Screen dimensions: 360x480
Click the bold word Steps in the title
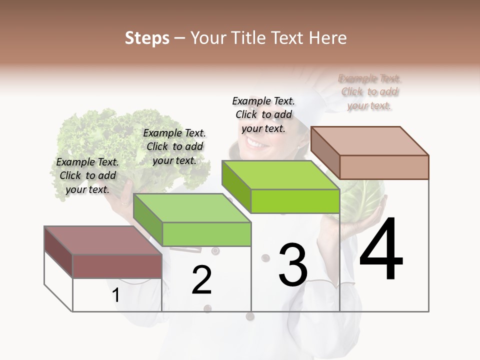click(x=147, y=38)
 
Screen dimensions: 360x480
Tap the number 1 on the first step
click(x=115, y=295)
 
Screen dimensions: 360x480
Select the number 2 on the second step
click(x=201, y=280)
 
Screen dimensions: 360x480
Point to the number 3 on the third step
click(x=292, y=264)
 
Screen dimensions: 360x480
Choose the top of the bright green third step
click(x=280, y=175)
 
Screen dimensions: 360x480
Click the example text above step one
click(x=87, y=175)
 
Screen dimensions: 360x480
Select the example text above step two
click(x=174, y=146)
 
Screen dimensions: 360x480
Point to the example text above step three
click(x=263, y=114)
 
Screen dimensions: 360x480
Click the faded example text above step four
click(x=369, y=92)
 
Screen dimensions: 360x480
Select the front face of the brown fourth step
click(x=384, y=167)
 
